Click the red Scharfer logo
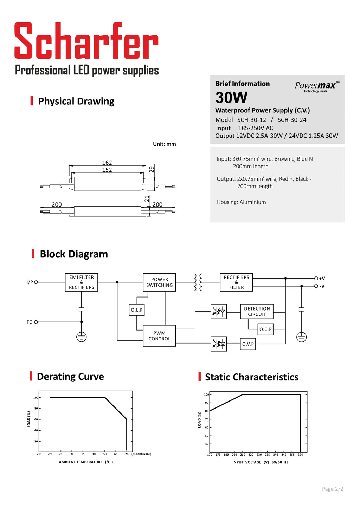[x=86, y=41]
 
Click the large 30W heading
[x=231, y=98]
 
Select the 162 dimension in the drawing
[x=107, y=163]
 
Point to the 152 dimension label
[x=107, y=170]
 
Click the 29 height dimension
[x=152, y=169]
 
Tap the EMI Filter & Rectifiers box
[x=82, y=282]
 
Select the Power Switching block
[x=159, y=282]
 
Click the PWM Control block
[x=159, y=336]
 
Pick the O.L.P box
[x=137, y=310]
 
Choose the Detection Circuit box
[x=257, y=312]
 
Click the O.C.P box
[x=265, y=329]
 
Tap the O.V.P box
[x=248, y=344]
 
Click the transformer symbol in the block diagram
[x=198, y=282]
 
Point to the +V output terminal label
[x=322, y=279]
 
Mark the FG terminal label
[x=30, y=322]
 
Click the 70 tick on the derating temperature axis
[x=127, y=454]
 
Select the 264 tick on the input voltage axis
[x=300, y=455]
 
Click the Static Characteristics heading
[x=251, y=377]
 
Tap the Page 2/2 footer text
[x=332, y=489]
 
